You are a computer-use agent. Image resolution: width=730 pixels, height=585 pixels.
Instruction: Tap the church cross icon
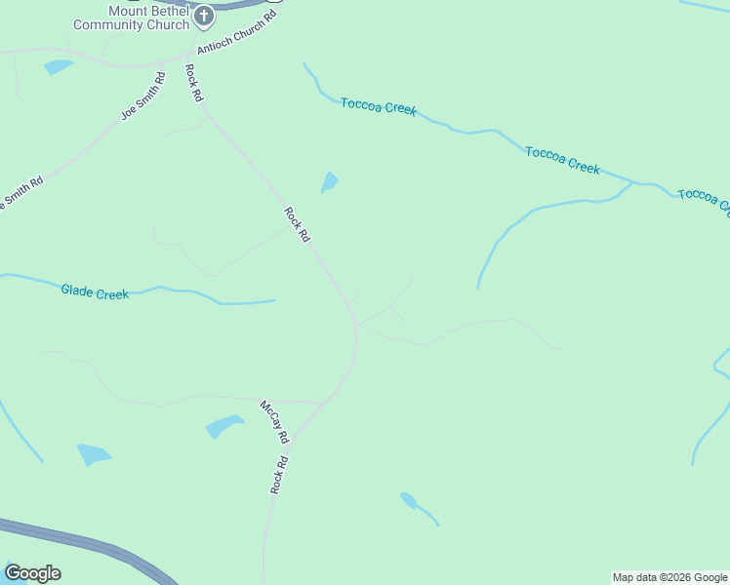[x=204, y=16]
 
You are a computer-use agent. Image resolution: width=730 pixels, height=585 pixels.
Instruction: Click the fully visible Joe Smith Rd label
[x=143, y=96]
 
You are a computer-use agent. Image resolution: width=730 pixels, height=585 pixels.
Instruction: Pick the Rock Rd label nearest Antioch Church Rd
[x=193, y=83]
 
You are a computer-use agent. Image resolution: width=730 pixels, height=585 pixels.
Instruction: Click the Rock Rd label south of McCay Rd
[x=280, y=474]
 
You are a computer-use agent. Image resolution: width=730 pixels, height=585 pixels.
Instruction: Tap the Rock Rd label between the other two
[x=297, y=223]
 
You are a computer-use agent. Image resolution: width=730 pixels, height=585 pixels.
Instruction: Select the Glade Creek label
[x=95, y=291]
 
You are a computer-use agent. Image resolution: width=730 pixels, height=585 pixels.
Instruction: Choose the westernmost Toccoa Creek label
[x=379, y=107]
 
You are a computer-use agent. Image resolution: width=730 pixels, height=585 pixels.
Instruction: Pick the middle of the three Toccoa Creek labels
[x=562, y=160]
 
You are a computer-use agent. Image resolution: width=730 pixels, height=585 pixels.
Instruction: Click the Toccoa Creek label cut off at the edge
[x=704, y=199]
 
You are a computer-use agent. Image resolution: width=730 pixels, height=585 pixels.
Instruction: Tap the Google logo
[x=32, y=572]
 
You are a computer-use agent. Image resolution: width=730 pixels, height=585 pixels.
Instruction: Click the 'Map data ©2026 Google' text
[x=670, y=577]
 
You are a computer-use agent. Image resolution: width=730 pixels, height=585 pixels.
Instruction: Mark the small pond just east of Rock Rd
[x=330, y=181]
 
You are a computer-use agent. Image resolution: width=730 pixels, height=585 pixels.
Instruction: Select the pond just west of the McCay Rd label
[x=224, y=426]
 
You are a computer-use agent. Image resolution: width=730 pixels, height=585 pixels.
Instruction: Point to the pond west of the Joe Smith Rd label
[x=59, y=67]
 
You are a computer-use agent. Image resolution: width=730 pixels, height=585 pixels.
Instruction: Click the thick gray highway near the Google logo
[x=88, y=543]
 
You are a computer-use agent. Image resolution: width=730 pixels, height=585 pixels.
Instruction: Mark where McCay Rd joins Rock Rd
[x=323, y=402]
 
